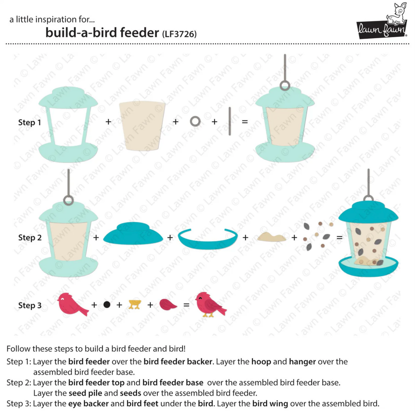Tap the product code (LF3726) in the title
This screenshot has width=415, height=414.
pyautogui.click(x=179, y=34)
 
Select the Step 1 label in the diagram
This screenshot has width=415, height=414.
pyautogui.click(x=30, y=122)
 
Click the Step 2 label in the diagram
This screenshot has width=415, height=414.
pyautogui.click(x=30, y=238)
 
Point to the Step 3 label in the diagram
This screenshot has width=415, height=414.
pyautogui.click(x=30, y=305)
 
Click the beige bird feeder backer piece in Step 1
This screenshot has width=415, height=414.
pyautogui.click(x=142, y=126)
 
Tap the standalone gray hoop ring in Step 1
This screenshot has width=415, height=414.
pyautogui.click(x=195, y=122)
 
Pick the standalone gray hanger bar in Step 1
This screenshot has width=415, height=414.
pyautogui.click(x=230, y=121)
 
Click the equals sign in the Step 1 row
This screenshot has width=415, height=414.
pyautogui.click(x=245, y=122)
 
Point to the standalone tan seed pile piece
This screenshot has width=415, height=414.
pyautogui.click(x=272, y=237)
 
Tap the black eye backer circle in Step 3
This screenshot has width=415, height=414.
pyautogui.click(x=107, y=305)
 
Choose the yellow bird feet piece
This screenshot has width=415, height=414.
pyautogui.click(x=135, y=304)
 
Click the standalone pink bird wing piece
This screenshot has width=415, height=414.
pyautogui.click(x=168, y=304)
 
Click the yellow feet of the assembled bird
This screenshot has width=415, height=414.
pyautogui.click(x=208, y=315)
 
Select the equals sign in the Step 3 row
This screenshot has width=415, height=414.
pyautogui.click(x=186, y=305)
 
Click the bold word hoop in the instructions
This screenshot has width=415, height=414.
pyautogui.click(x=261, y=362)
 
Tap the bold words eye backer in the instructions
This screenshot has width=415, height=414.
pyautogui.click(x=88, y=403)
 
